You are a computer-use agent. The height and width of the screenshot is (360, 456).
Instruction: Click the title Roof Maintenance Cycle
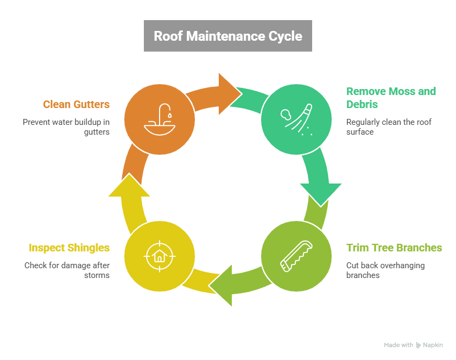pos(227,36)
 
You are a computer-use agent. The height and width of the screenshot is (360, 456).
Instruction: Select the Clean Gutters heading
pos(77,104)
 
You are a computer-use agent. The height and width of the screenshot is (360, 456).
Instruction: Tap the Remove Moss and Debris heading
pos(391,97)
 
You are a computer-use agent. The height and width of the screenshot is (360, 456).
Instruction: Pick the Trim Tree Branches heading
pos(394,248)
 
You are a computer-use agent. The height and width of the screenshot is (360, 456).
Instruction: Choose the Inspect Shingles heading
pos(69,248)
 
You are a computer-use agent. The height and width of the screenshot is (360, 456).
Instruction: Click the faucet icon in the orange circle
pos(159,119)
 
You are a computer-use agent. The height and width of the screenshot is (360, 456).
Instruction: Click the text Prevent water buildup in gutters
pos(66,127)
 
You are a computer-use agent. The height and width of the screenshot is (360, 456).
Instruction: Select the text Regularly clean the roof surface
pos(389,127)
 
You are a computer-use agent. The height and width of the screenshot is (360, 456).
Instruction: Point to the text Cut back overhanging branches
pos(385,270)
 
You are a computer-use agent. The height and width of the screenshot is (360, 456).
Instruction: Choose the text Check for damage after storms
pos(67,270)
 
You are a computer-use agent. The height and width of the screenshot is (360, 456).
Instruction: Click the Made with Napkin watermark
pos(413,345)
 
